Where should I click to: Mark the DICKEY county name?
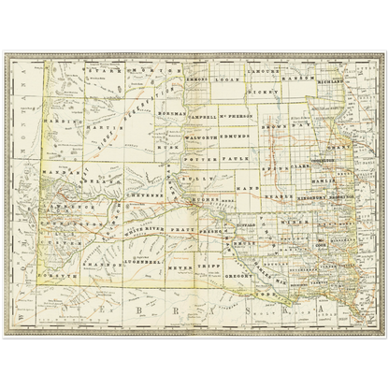[x=266, y=95]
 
